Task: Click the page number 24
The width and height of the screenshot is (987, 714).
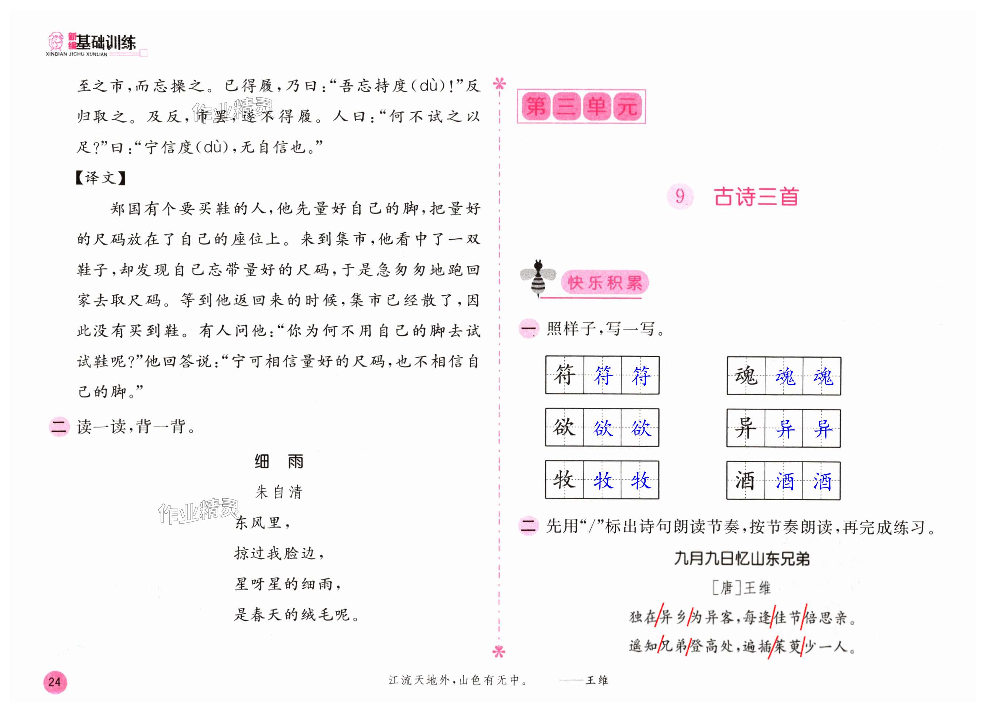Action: coord(55,682)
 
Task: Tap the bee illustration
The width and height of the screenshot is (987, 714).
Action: coord(538,278)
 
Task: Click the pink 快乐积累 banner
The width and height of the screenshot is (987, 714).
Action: coord(604,283)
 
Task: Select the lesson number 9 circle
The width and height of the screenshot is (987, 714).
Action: coord(680,197)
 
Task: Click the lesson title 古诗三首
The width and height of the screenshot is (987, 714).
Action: coord(756,197)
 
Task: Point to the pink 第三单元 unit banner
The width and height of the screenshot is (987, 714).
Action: coord(581,107)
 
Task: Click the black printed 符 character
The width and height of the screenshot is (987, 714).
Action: coord(564,375)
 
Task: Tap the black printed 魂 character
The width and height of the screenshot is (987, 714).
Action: coord(746,376)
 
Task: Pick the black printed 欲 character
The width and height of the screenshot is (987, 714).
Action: coord(564,427)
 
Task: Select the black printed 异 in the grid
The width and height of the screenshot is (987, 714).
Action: coord(746,428)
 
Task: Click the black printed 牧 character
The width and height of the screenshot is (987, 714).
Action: coord(564,480)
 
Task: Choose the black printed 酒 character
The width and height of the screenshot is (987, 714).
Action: coord(746,481)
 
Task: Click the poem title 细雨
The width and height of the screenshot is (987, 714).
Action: coord(279,461)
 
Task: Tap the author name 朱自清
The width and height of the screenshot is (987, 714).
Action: coord(279,492)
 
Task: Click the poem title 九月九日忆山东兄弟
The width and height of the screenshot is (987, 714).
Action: coord(742,559)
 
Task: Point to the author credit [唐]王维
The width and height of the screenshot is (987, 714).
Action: coord(742,588)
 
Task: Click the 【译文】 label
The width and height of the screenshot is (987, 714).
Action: coord(100,178)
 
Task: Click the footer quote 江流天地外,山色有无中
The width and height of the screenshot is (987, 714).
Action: coord(458,680)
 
